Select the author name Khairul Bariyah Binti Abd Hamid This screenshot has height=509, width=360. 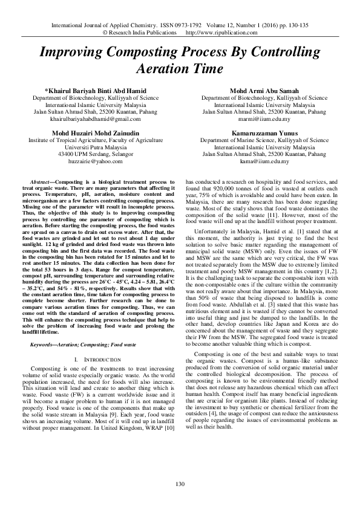[96, 90]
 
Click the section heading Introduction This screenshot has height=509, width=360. [98, 359]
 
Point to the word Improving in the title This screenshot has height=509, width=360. [71, 53]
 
